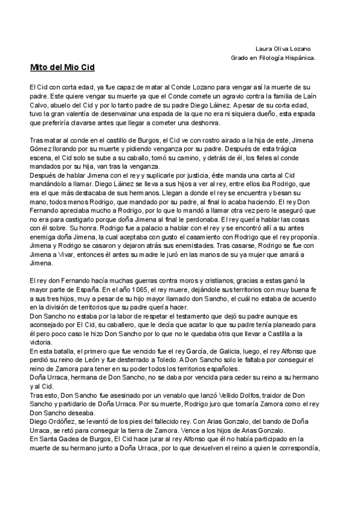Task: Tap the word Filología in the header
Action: point(268,58)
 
